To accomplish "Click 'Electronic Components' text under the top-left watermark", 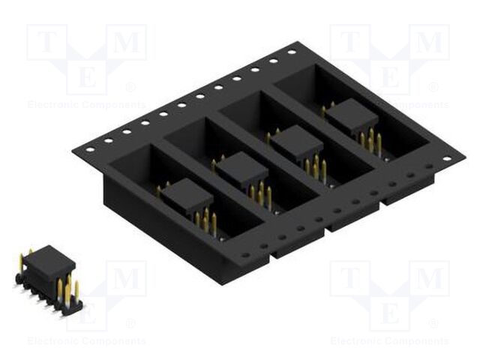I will click(x=86, y=105).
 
